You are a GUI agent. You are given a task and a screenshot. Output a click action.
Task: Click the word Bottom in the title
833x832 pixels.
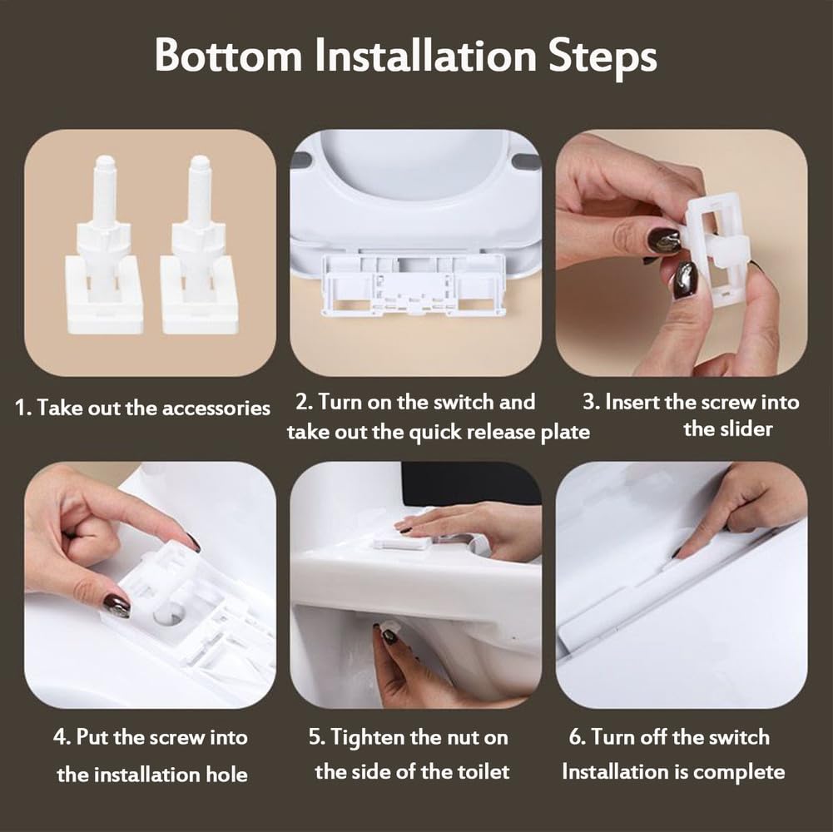229,54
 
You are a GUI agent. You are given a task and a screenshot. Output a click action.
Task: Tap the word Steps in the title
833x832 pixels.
602,57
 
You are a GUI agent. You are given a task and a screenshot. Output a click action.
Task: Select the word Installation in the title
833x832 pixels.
425,54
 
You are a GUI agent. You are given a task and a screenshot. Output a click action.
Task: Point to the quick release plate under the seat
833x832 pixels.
414,285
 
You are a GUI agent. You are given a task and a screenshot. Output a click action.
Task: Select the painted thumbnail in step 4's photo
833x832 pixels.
116,607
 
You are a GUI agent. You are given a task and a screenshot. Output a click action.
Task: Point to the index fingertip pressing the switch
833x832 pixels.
680,554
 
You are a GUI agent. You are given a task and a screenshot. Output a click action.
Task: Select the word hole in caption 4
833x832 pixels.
226,774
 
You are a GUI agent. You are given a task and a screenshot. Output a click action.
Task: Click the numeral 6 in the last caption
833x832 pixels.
575,737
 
